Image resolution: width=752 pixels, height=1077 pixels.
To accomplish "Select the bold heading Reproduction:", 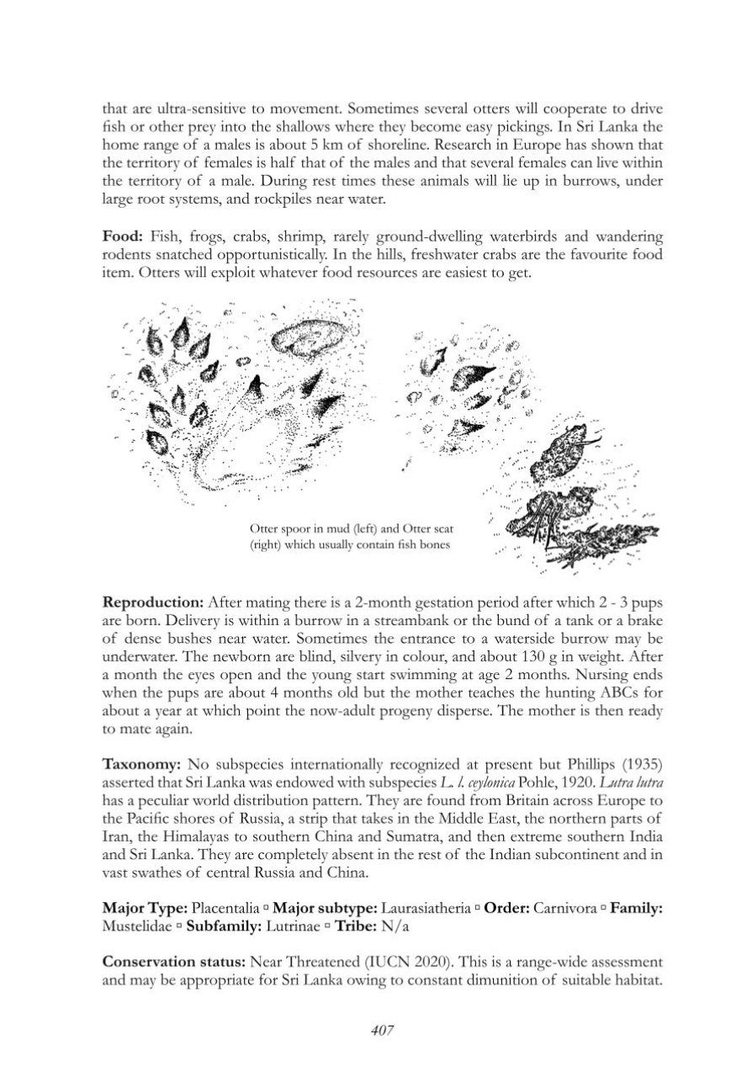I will [152, 602].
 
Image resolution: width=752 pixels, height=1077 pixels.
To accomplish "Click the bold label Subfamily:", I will [222, 926].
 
